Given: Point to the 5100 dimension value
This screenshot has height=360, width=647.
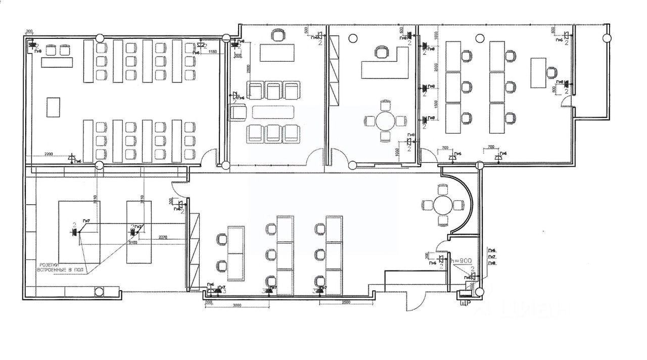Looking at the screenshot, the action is click(x=132, y=243).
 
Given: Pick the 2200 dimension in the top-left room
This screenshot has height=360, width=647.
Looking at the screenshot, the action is click(x=50, y=154).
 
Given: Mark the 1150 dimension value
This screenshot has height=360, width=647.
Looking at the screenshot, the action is click(x=213, y=52).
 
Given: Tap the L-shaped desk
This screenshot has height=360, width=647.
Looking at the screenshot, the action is click(x=384, y=65).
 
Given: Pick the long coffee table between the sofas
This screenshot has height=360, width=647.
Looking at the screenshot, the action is click(x=273, y=112).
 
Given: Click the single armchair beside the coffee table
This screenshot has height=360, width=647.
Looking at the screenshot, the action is click(x=237, y=111).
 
